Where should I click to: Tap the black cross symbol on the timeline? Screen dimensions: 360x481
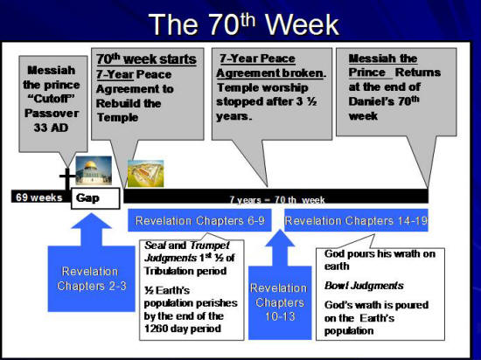tap(66, 178)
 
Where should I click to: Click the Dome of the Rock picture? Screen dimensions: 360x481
tap(94, 170)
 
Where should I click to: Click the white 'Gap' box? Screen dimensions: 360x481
tap(88, 198)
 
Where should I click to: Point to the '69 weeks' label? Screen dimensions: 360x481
tap(38, 197)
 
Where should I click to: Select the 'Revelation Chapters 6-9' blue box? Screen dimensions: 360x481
tap(201, 220)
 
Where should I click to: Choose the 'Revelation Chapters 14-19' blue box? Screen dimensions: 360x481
tap(356, 220)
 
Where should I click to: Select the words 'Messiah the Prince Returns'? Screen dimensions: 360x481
tap(394, 66)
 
